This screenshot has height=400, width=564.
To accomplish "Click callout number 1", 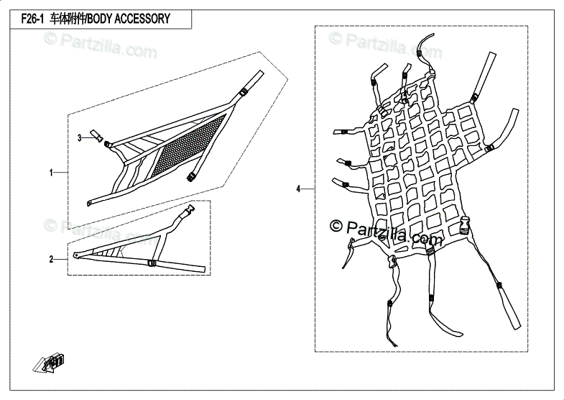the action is coord(51,173).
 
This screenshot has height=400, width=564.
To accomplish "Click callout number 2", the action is coord(51,259).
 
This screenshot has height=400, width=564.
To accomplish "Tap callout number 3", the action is coord(80,137).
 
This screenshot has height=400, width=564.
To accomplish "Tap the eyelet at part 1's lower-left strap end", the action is coord(88,203).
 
